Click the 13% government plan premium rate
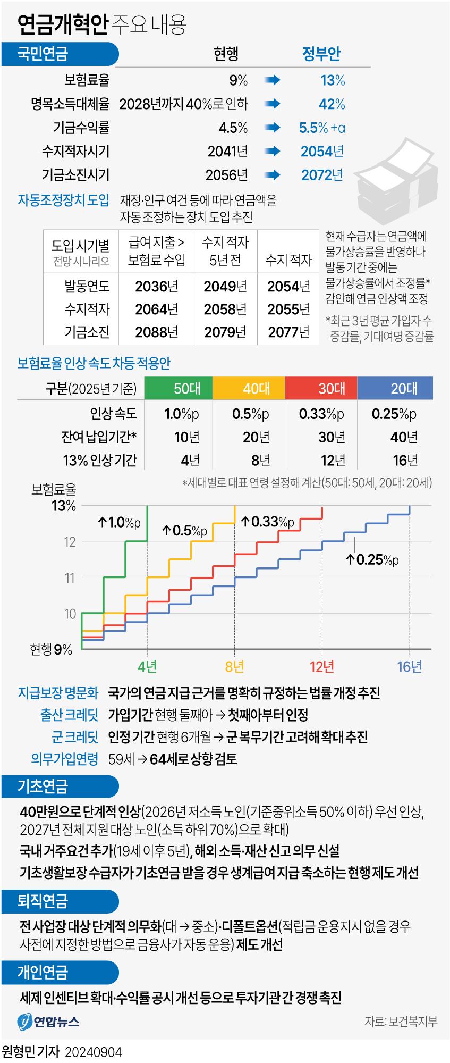[x=333, y=80]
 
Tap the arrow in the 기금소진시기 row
[x=272, y=175]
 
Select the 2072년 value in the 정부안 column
[x=322, y=175]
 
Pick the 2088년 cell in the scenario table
[x=156, y=332]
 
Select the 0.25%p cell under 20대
[x=394, y=414]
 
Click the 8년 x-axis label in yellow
[x=234, y=666]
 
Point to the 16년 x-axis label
[x=410, y=666]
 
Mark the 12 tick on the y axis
[x=70, y=542]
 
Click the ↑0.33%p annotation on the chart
[x=267, y=522]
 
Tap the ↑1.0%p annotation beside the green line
[x=119, y=523]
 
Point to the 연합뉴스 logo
[x=48, y=1022]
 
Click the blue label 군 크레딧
[x=75, y=737]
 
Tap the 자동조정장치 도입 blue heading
[x=63, y=200]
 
